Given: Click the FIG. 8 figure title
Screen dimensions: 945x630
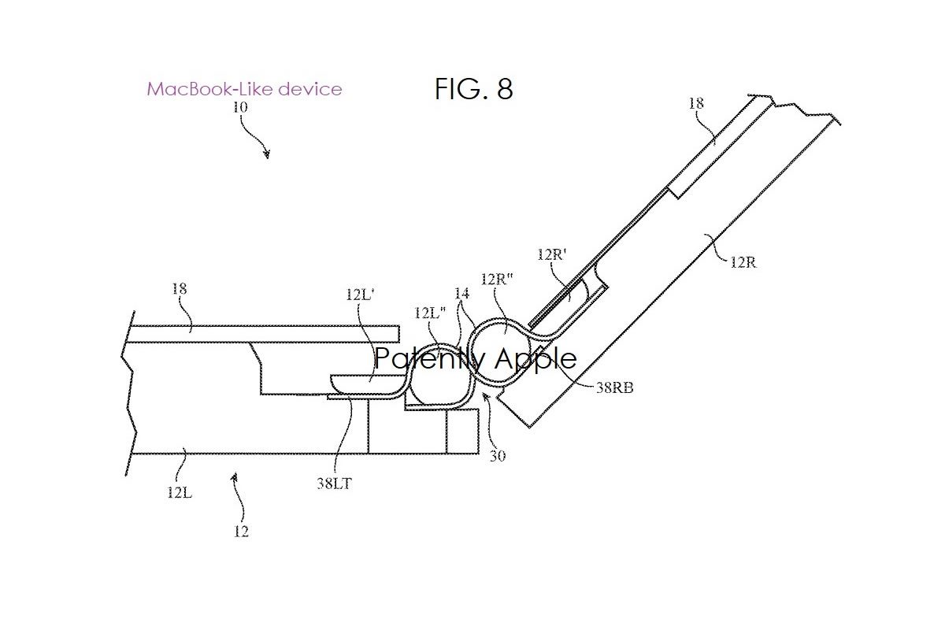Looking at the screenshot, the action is [x=474, y=89].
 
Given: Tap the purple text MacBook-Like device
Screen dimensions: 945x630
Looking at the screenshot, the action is [x=244, y=89].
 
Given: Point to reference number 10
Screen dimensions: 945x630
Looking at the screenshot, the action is [x=240, y=107].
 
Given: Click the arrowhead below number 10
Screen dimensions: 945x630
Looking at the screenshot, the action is [x=267, y=154].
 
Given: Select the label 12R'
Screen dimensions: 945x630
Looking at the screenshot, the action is [x=552, y=254].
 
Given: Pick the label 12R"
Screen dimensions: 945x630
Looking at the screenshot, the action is [x=497, y=279].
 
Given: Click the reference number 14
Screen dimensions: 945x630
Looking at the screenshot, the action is [x=462, y=293].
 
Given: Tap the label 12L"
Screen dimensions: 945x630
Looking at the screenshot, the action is [x=430, y=313].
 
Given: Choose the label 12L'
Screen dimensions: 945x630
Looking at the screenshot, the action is [x=360, y=294].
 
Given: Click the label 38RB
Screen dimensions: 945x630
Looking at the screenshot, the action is [x=615, y=387].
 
